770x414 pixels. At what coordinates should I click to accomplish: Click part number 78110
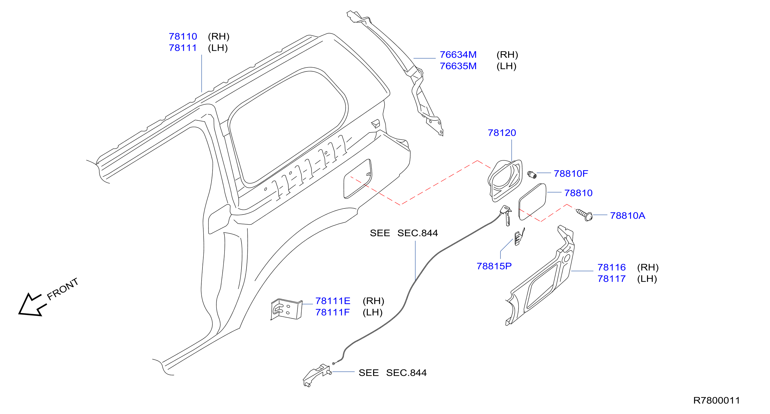pyautogui.click(x=183, y=37)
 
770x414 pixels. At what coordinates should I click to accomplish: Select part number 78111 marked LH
pyautogui.click(x=183, y=48)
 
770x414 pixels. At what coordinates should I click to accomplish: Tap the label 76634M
pyautogui.click(x=458, y=55)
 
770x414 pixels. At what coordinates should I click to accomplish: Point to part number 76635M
pyautogui.click(x=458, y=66)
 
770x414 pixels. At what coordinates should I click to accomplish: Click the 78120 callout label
pyautogui.click(x=502, y=133)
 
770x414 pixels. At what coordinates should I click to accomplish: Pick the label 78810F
pyautogui.click(x=571, y=174)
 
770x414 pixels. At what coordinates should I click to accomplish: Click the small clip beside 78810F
pyautogui.click(x=532, y=175)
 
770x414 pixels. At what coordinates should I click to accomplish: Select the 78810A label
pyautogui.click(x=627, y=216)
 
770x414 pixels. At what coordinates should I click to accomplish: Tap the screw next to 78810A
pyautogui.click(x=584, y=215)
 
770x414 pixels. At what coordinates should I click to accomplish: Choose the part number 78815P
pyautogui.click(x=494, y=266)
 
